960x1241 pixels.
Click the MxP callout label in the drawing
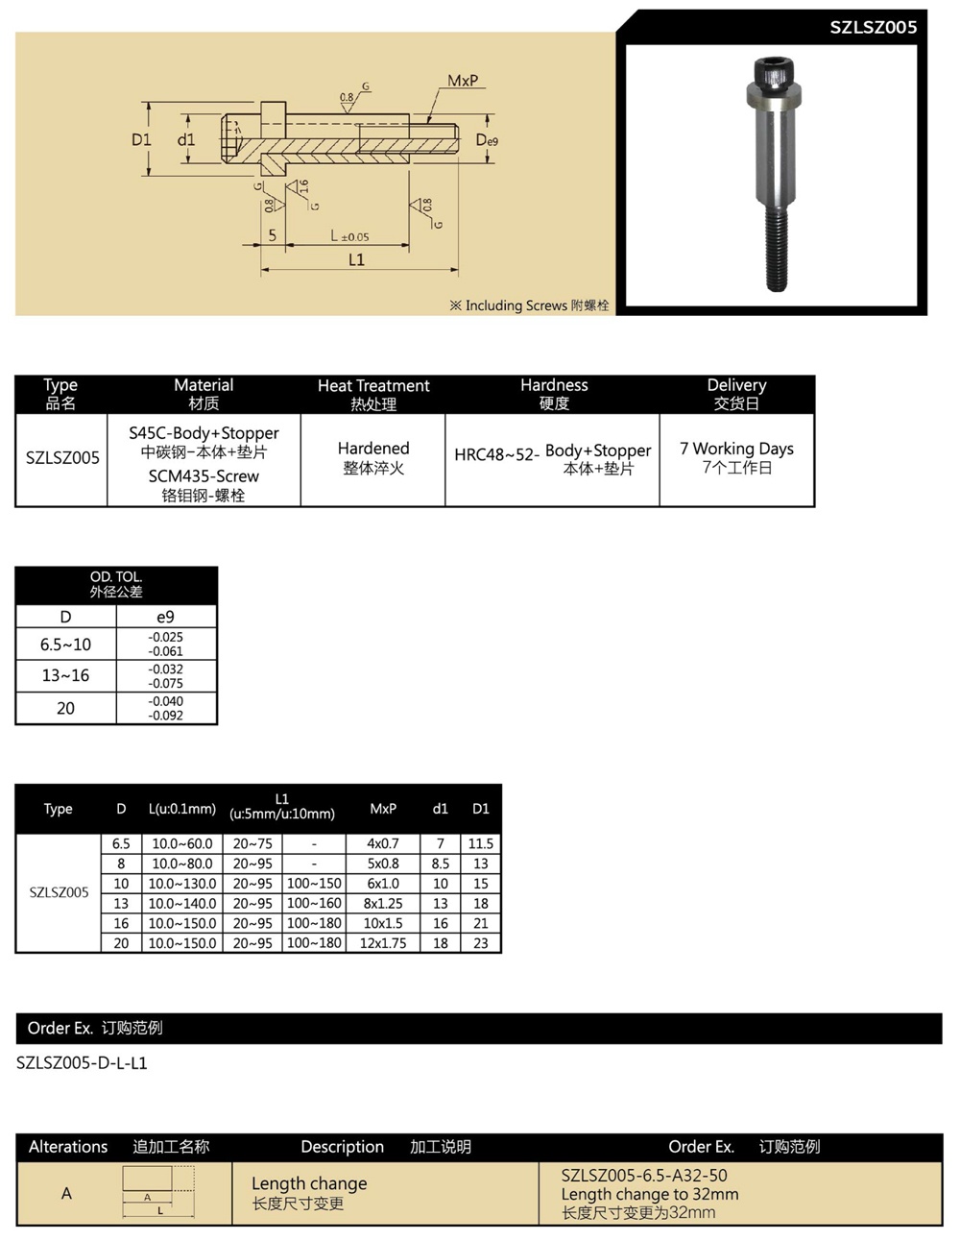click(463, 82)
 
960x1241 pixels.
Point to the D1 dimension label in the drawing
click(141, 139)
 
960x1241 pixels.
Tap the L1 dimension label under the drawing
click(356, 259)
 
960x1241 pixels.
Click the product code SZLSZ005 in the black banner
click(873, 27)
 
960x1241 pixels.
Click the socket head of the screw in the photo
click(773, 72)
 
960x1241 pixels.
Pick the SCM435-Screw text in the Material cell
click(204, 476)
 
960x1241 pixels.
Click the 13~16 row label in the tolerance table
click(65, 675)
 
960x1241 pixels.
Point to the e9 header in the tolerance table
click(165, 617)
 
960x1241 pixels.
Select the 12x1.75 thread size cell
click(383, 943)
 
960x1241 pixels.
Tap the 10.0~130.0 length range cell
click(182, 884)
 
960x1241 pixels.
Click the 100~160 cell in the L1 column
click(314, 904)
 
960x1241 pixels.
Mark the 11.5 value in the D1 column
click(480, 843)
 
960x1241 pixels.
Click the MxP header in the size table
click(383, 809)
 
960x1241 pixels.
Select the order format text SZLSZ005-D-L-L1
click(83, 1063)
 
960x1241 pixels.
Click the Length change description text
click(309, 1183)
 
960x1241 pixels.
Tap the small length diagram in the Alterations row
click(159, 1193)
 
